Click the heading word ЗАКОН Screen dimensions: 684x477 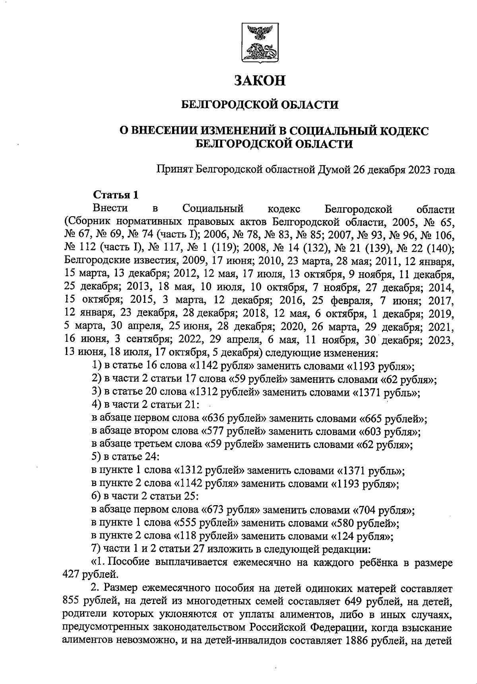[260, 81]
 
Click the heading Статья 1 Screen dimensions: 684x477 [116, 195]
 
